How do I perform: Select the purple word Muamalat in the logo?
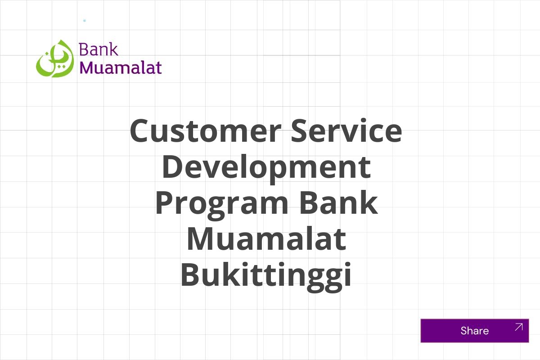(120, 67)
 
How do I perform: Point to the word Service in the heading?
(346, 131)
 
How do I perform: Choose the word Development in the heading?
(266, 167)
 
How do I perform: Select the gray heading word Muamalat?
(266, 239)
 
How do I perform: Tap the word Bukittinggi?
(266, 276)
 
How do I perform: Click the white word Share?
(474, 331)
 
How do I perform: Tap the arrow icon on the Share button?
(518, 327)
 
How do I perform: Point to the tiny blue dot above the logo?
(84, 21)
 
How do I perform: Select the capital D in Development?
(173, 166)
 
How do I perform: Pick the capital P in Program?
(166, 203)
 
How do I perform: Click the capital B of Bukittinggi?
(191, 275)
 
